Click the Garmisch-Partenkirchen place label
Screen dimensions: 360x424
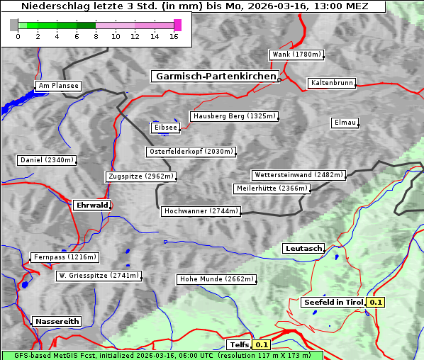tap(214, 76)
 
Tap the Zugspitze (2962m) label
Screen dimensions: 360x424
tap(140, 176)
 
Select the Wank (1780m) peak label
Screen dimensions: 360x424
tap(296, 55)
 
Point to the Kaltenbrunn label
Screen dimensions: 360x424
tap(331, 83)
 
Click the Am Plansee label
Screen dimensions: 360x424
tap(57, 86)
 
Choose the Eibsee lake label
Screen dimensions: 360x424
tap(164, 128)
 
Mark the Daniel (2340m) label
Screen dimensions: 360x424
tap(46, 160)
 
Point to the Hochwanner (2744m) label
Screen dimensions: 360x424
tap(201, 211)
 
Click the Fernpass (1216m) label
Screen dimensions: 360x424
tap(64, 257)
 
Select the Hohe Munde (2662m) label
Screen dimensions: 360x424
tap(216, 279)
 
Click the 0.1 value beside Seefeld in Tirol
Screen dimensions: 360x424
tap(376, 303)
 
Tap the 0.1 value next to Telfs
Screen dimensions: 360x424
tap(262, 345)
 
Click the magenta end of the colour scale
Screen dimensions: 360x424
tap(177, 25)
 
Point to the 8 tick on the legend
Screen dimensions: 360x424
tap(96, 37)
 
